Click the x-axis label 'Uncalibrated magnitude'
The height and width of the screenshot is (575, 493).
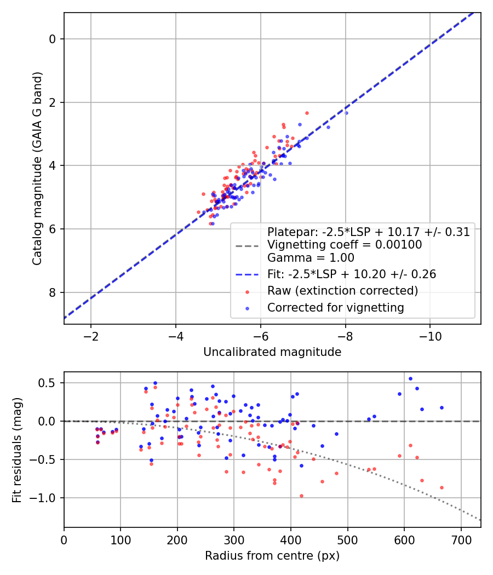point(272,352)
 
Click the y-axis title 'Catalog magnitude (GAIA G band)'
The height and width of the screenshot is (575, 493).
point(37,169)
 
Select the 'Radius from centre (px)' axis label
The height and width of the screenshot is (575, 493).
point(272,556)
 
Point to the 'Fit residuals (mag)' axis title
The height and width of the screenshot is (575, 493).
point(18,450)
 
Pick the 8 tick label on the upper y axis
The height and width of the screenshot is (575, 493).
point(53,292)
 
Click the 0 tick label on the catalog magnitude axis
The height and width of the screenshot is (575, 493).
point(53,39)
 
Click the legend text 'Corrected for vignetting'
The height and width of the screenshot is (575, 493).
point(335,308)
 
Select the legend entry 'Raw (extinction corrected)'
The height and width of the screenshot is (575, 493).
point(342,290)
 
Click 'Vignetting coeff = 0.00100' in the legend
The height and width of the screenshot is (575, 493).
point(345,245)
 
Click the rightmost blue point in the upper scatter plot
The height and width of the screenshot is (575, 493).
point(346,113)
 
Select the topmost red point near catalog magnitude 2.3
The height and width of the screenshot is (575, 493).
point(307,113)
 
